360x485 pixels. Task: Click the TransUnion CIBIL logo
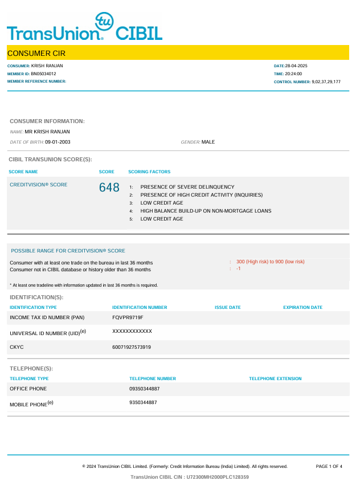84,27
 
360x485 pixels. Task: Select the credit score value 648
109,188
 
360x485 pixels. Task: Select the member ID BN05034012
43,74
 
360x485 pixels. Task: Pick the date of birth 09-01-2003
58,142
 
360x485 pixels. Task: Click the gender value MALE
208,142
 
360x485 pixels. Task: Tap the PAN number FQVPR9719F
128,317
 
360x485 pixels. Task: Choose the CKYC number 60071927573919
132,347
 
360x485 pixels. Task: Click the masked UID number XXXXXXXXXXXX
132,331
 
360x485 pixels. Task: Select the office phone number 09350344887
145,389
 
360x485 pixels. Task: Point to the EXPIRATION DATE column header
302,307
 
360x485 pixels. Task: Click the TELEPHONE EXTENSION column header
275,378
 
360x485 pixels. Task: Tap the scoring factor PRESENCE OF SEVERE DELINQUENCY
187,187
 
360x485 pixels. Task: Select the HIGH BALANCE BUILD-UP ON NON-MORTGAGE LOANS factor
206,211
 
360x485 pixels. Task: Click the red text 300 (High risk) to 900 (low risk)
271,262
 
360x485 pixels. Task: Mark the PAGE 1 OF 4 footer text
329,466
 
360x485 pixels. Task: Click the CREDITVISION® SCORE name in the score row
39,185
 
